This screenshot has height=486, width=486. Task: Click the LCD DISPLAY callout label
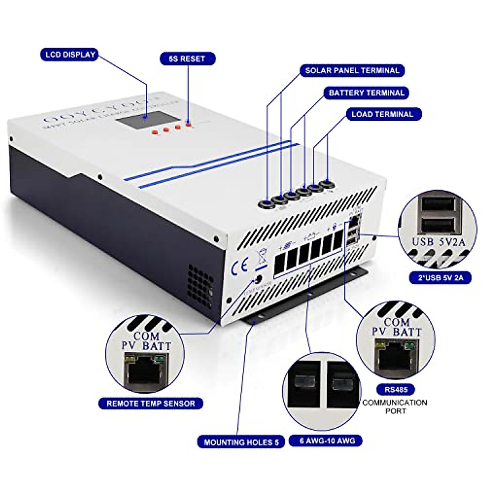pos(70,54)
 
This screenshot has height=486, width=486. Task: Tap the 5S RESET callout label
pos(187,59)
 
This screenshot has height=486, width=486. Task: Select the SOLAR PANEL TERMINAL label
pos(352,70)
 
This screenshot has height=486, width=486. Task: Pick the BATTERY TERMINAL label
pos(366,93)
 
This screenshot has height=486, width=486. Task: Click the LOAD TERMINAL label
pos(382,114)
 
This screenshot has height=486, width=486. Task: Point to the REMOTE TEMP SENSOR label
pos(151,403)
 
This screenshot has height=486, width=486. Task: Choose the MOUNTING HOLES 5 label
pos(241,442)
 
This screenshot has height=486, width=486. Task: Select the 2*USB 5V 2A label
pos(440,277)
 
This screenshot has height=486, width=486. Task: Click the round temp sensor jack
pos(257,280)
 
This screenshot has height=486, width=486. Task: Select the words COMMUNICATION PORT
pos(394,406)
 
